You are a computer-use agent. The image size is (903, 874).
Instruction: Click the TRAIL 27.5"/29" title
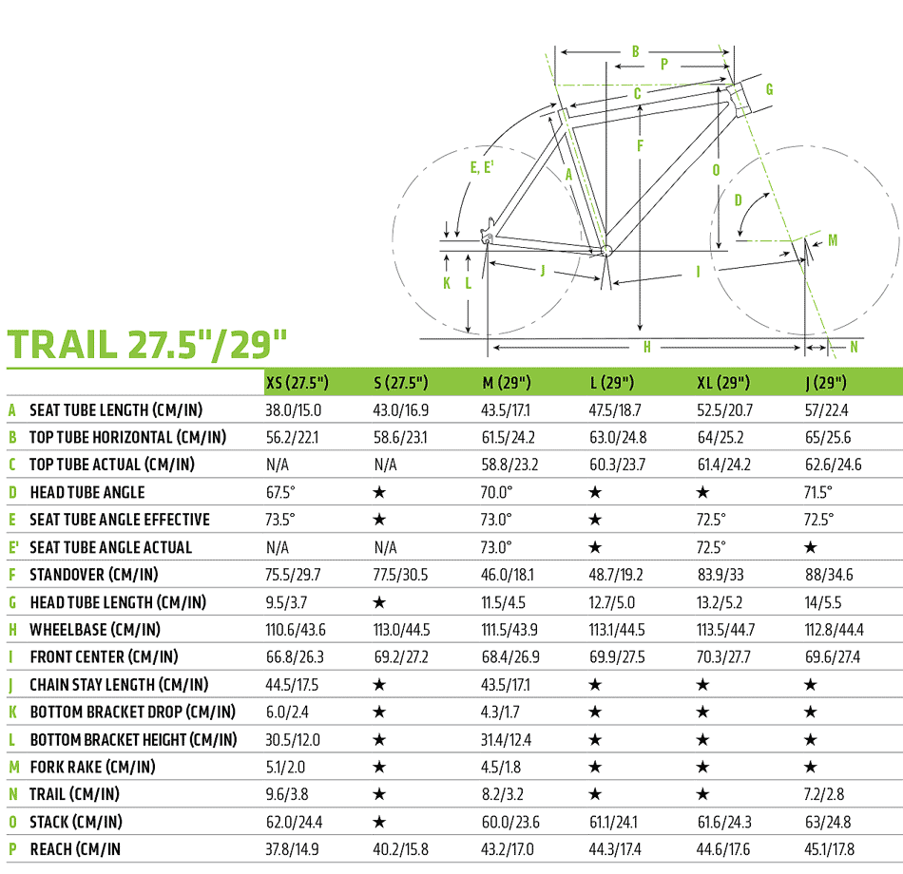pos(146,344)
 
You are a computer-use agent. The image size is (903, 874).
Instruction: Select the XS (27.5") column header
pos(298,382)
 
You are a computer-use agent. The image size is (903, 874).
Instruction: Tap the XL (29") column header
pos(723,382)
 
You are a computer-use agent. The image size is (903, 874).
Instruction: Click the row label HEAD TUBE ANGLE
pos(87,492)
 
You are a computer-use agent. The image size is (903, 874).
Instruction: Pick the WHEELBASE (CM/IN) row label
pos(95,629)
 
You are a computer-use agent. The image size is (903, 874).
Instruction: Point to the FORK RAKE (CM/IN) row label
pos(93,767)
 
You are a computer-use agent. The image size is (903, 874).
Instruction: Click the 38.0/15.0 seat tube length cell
pos(293,410)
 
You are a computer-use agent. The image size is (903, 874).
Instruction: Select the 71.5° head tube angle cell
pos(817,492)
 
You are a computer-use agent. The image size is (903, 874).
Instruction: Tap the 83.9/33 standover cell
pos(720,575)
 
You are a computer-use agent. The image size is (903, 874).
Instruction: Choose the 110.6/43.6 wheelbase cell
pos(296,629)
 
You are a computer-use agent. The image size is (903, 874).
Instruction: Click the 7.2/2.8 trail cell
pos(824,794)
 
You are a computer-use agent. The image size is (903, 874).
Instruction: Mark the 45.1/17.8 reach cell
pos(829,849)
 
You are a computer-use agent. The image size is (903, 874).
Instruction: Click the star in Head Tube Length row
pos(379,602)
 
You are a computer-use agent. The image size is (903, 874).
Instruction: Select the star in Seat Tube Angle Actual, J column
pos(810,547)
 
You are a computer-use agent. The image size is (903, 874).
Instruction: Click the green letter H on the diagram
pos(647,347)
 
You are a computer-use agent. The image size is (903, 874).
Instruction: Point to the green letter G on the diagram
pos(769,89)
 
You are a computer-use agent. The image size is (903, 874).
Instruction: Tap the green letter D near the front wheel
pos(738,200)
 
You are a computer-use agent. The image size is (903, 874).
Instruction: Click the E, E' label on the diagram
pos(482,167)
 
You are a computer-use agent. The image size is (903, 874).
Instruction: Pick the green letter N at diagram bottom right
pos(855,347)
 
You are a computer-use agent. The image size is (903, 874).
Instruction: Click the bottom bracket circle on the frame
pos(605,251)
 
